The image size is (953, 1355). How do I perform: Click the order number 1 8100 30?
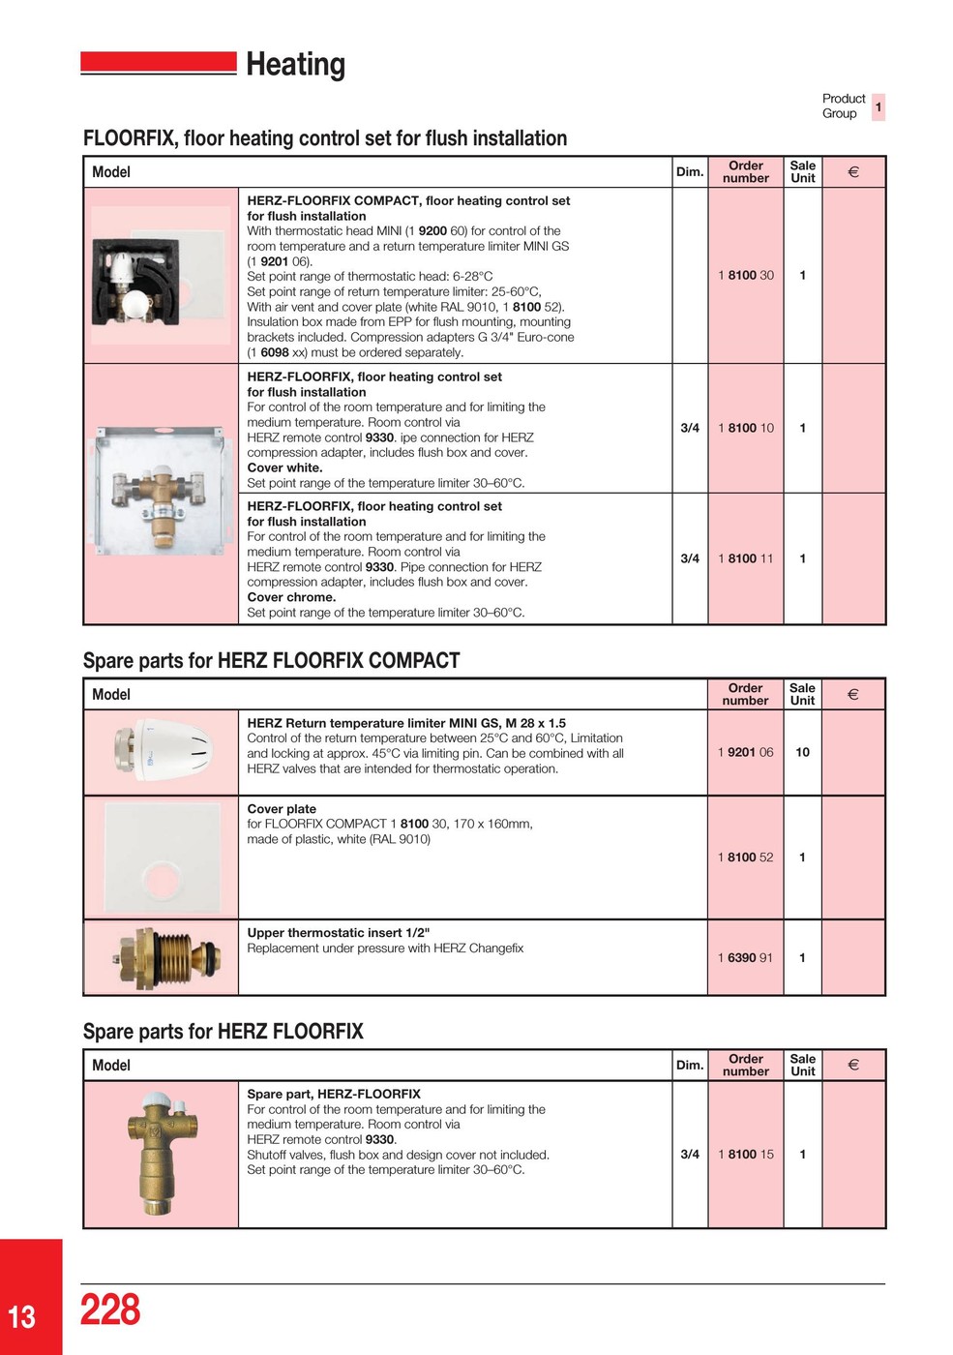745,276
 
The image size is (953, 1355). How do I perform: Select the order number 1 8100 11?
745,559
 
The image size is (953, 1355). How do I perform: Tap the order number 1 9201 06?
745,752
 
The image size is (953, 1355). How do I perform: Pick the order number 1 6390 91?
745,958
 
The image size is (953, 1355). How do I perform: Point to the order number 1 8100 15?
745,1155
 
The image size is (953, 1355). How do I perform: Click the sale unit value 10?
802,752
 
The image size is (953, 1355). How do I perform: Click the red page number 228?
110,1310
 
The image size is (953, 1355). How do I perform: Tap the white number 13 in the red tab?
22,1317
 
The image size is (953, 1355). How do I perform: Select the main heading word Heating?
295,65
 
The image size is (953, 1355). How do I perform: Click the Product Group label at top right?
843,106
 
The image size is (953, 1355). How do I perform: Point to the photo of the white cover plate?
162,858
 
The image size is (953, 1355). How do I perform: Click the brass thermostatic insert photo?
162,958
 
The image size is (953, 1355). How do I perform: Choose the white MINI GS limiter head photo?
162,752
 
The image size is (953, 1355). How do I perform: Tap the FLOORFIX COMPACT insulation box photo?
160,276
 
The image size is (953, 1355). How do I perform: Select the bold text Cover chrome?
291,597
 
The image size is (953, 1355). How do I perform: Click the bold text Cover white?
284,467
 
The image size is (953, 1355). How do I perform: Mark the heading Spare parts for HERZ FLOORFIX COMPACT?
271,661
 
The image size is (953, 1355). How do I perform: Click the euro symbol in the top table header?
853,172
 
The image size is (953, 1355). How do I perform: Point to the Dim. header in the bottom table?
689,1066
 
